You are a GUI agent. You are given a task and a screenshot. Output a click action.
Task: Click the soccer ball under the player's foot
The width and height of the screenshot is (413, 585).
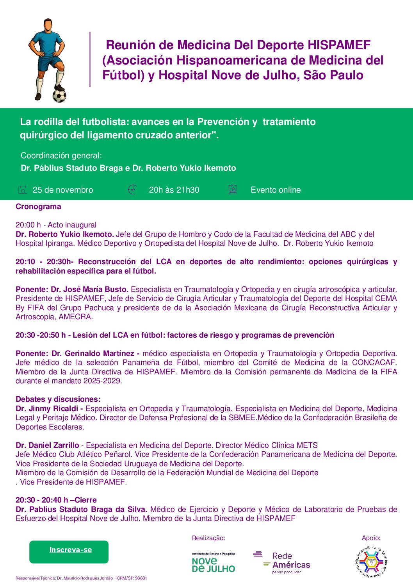click(59, 96)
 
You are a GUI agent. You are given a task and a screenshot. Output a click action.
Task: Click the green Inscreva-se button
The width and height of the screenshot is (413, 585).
click(69, 551)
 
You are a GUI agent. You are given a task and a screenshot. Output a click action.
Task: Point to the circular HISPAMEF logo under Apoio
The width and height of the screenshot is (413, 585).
click(371, 562)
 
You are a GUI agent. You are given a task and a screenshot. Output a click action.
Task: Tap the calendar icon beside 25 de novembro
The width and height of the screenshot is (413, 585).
click(23, 190)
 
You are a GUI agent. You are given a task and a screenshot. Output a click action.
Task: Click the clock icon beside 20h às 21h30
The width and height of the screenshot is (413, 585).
click(132, 190)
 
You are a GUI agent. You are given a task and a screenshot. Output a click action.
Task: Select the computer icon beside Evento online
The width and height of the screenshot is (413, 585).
click(233, 190)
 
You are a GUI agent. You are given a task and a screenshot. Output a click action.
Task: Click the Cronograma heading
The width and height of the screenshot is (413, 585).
click(38, 207)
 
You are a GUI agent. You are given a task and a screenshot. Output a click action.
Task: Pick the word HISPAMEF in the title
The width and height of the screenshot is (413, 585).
click(339, 45)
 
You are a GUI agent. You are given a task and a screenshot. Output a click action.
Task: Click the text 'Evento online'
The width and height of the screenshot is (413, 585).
click(276, 190)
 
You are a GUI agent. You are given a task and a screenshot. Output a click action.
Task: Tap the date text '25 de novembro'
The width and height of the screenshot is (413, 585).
click(63, 190)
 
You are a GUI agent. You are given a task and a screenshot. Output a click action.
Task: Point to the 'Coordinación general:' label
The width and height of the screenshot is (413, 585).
click(61, 156)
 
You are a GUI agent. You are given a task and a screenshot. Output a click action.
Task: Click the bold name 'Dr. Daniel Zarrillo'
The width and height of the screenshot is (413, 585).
click(47, 445)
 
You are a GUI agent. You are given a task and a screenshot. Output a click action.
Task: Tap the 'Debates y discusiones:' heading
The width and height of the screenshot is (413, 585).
click(58, 399)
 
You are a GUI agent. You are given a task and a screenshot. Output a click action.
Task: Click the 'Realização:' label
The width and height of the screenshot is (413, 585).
click(208, 538)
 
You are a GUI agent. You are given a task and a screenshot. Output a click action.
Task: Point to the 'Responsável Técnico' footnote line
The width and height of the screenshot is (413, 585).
click(81, 578)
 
